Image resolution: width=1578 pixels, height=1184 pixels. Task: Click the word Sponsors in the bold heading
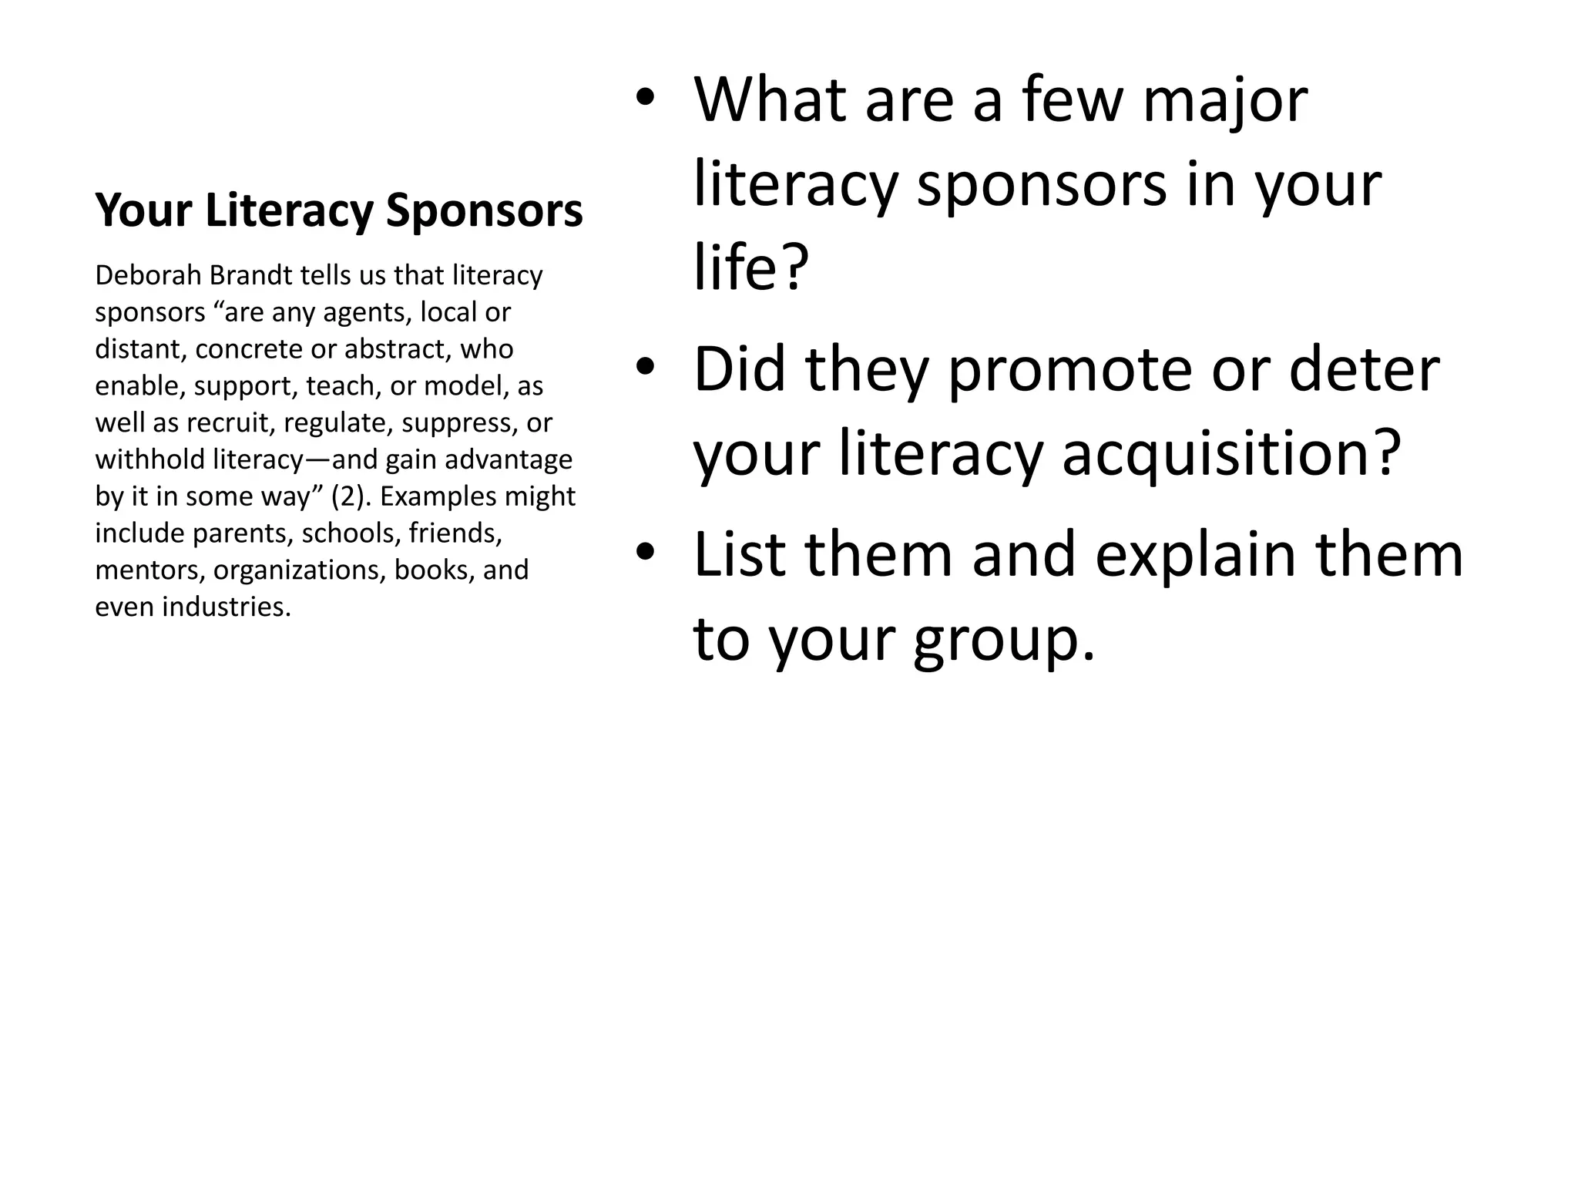[x=484, y=210]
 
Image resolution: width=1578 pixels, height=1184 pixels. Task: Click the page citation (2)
[x=351, y=496]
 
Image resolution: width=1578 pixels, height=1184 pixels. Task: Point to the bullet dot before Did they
[x=645, y=367]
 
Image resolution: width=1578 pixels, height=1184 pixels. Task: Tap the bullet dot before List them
[x=645, y=552]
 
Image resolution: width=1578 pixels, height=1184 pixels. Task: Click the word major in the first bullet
[x=1225, y=102]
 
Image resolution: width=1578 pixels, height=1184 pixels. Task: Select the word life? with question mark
[x=751, y=267]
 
